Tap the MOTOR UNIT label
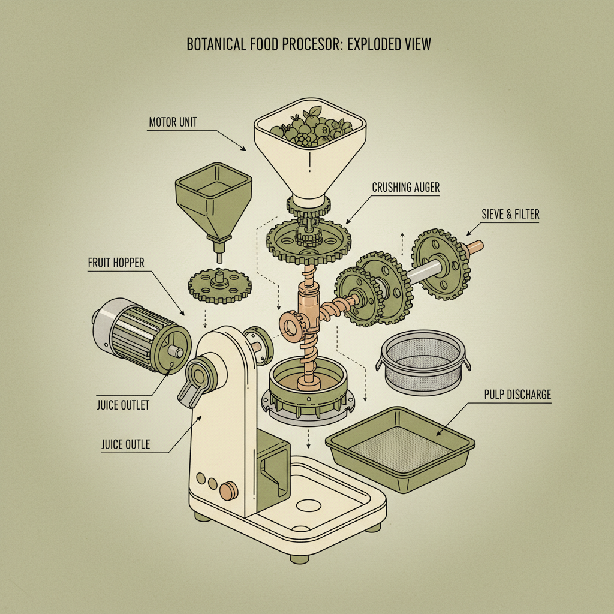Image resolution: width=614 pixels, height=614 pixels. click(x=173, y=123)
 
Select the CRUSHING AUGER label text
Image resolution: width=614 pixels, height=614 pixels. click(x=406, y=188)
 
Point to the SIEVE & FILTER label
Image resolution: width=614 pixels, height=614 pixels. click(x=510, y=214)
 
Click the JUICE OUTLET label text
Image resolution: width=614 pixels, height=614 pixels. click(x=123, y=405)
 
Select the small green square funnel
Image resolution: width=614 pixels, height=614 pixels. click(x=212, y=198)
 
